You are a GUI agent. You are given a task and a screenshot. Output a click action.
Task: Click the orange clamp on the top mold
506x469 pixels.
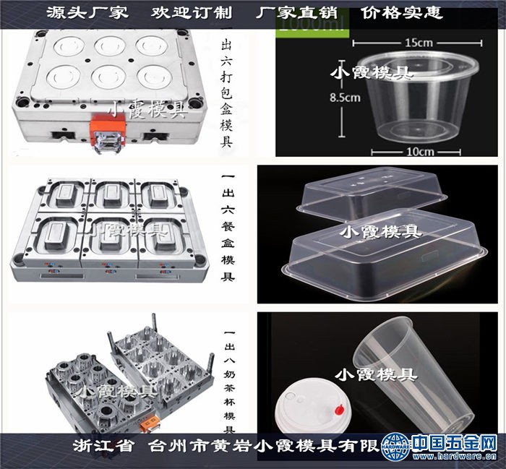105,134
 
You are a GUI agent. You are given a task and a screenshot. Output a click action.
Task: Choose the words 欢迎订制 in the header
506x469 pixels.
180,13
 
